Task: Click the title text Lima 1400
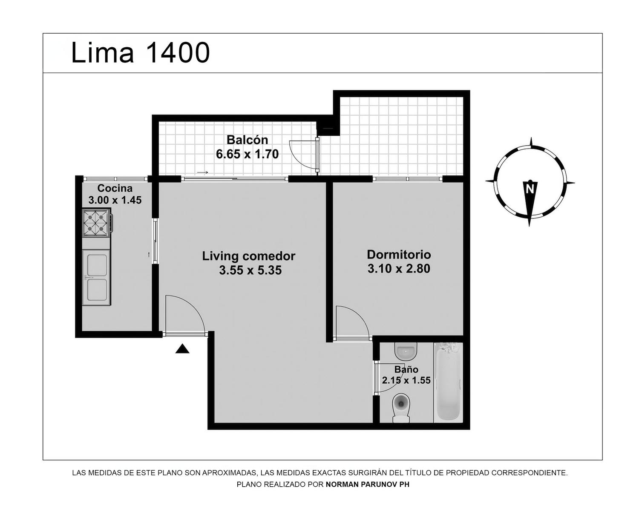pyautogui.click(x=141, y=52)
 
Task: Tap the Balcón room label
pyautogui.click(x=247, y=140)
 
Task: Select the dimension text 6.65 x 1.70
pyautogui.click(x=247, y=154)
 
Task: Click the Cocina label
pyautogui.click(x=115, y=188)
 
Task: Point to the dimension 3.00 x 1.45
pyautogui.click(x=115, y=200)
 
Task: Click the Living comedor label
pyautogui.click(x=248, y=256)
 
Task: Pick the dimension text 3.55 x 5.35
pyautogui.click(x=250, y=270)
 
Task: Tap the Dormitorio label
pyautogui.click(x=399, y=255)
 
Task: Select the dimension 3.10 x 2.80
pyautogui.click(x=399, y=269)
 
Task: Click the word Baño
pyautogui.click(x=406, y=369)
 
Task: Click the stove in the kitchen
pyautogui.click(x=97, y=222)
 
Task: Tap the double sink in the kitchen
pyautogui.click(x=97, y=277)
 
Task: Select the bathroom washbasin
pyautogui.click(x=406, y=350)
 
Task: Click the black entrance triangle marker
pyautogui.click(x=182, y=349)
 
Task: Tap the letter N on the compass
pyautogui.click(x=530, y=189)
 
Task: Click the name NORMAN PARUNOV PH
pyautogui.click(x=368, y=485)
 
